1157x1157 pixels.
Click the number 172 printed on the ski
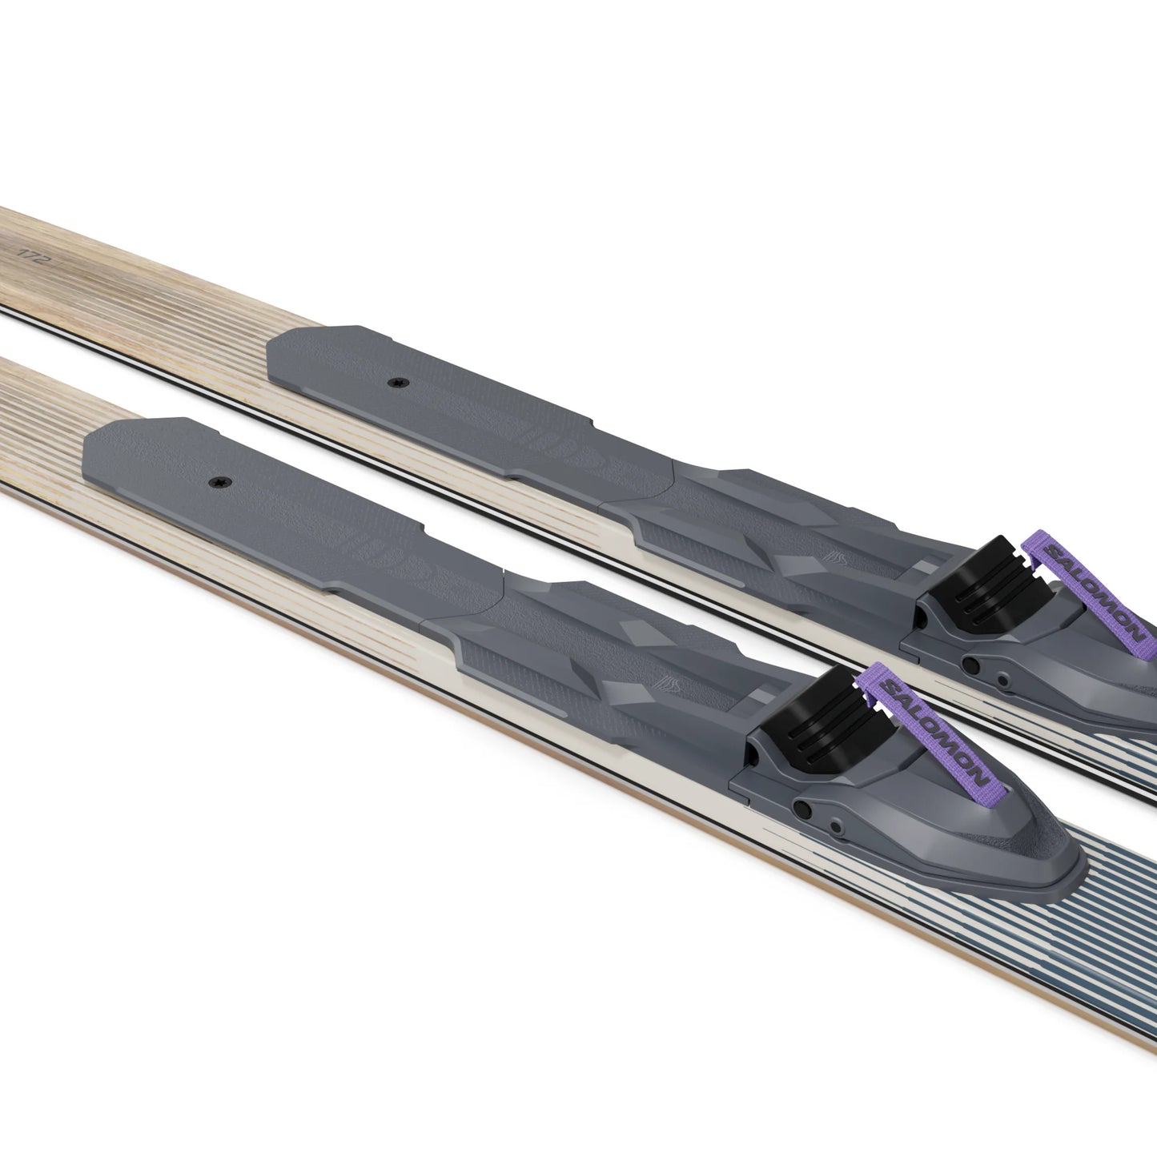tap(29, 252)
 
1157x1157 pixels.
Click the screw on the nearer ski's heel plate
tap(219, 482)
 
